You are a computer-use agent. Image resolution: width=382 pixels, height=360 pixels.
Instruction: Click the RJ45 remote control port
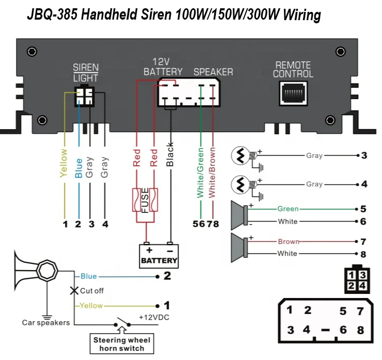tap(293, 93)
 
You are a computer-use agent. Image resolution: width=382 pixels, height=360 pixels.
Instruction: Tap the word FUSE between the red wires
tap(145, 200)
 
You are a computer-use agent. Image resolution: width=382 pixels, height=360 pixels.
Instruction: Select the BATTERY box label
tap(159, 260)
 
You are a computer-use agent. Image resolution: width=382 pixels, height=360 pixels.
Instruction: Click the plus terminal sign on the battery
tap(149, 250)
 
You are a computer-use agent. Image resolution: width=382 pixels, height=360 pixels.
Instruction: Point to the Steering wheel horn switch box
tap(122, 343)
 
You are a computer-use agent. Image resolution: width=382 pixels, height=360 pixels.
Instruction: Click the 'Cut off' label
tap(92, 291)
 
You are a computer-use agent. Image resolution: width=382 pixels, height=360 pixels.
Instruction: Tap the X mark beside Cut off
tap(74, 291)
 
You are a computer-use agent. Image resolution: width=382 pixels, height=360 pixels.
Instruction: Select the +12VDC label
tap(154, 317)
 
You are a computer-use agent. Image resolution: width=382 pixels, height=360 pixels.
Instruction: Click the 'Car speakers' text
tap(46, 323)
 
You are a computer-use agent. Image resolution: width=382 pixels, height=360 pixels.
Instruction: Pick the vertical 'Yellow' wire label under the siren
tap(64, 163)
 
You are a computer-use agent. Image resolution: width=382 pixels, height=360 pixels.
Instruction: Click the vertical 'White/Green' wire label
tap(200, 173)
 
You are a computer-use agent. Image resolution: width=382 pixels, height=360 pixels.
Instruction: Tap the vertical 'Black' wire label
tap(170, 155)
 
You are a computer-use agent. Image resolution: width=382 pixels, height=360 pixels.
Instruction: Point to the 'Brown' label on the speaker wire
tap(289, 242)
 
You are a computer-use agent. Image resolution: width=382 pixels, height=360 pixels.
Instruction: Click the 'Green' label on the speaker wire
tap(288, 209)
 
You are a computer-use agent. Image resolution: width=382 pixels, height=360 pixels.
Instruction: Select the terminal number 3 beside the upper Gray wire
tap(364, 155)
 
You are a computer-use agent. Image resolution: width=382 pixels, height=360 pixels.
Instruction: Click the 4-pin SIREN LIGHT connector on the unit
tap(84, 96)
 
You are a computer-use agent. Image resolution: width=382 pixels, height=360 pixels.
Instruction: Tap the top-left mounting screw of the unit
tap(31, 52)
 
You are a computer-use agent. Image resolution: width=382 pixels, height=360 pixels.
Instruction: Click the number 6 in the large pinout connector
tap(343, 330)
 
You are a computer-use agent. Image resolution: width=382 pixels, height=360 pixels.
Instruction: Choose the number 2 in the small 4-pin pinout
tap(351, 286)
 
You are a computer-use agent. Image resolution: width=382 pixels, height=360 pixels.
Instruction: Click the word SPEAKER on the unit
tap(213, 72)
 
